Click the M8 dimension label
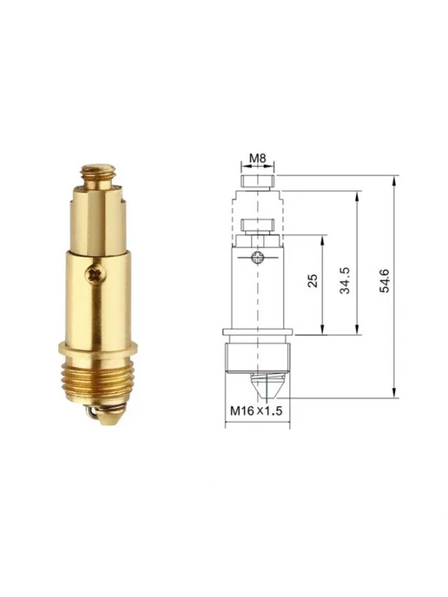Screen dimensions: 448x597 (x=258, y=158)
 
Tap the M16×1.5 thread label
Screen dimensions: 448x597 (x=256, y=410)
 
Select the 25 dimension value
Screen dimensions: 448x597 (x=313, y=280)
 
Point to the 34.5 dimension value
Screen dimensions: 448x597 (x=346, y=280)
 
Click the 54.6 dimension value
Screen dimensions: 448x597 (x=385, y=280)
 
